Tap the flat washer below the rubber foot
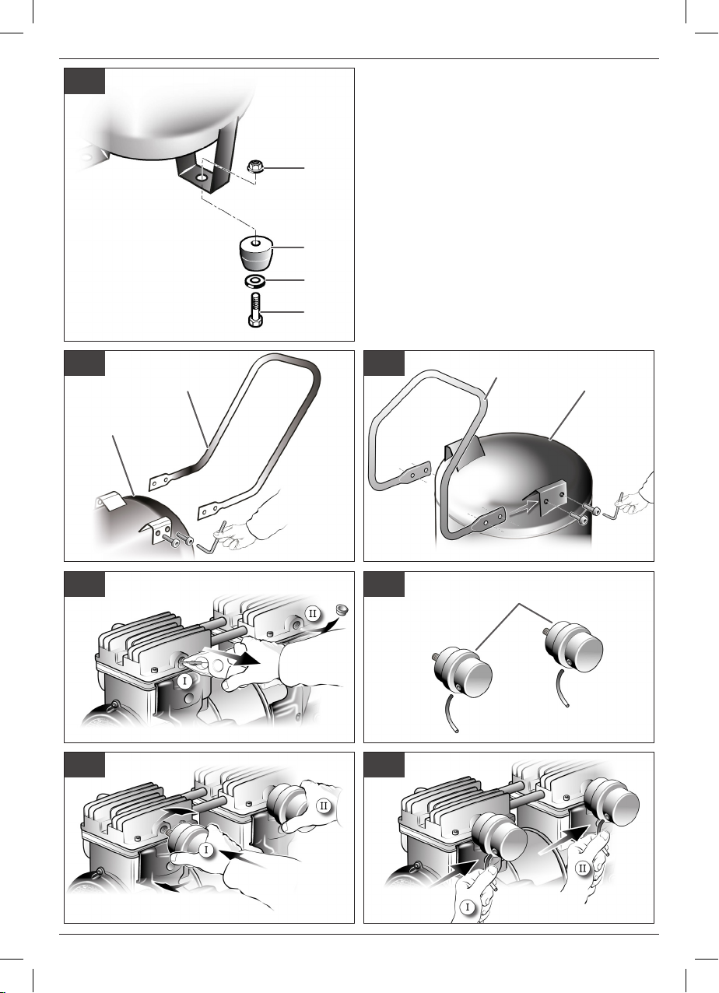tap(256, 281)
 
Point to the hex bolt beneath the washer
tap(256, 311)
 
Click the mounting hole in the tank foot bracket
tap(202, 177)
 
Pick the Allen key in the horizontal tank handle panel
tap(212, 539)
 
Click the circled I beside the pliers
tap(185, 693)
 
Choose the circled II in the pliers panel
tap(312, 614)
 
